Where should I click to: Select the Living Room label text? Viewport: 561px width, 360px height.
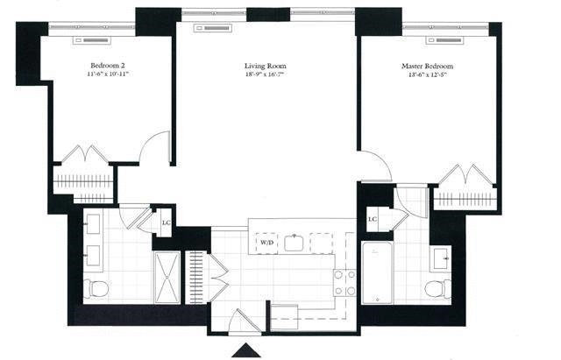point(266,67)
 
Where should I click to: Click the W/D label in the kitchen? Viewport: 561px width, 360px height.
point(265,242)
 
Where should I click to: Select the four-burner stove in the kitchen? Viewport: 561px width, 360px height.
point(344,281)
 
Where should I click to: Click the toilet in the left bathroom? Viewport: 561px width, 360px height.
point(96,287)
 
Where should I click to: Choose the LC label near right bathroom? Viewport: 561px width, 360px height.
point(372,218)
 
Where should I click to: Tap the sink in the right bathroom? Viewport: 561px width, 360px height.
point(440,258)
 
